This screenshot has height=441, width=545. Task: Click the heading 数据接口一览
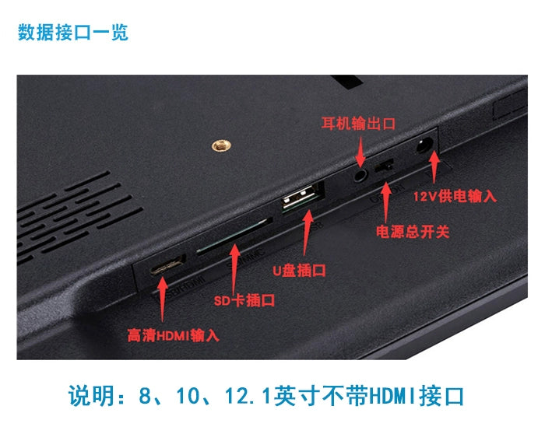point(73,33)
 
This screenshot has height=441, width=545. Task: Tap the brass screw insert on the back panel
point(221,145)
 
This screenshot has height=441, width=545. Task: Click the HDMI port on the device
point(167,266)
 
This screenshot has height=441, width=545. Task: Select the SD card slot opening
point(234,236)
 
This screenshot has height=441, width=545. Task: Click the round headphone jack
point(360,175)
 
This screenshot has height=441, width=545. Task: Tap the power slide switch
point(384,166)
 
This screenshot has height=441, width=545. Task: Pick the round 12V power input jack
point(424,145)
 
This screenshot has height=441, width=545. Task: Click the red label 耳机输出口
point(358,124)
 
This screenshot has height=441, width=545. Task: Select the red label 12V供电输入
point(455,196)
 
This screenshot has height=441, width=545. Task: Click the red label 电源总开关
point(413,232)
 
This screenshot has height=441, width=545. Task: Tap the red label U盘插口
point(299,271)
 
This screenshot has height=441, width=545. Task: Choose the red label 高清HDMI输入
point(173,336)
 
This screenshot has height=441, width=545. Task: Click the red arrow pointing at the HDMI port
point(162,299)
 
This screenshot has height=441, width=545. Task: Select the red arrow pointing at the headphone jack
point(360,152)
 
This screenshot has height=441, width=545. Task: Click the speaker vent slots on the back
point(79,216)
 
